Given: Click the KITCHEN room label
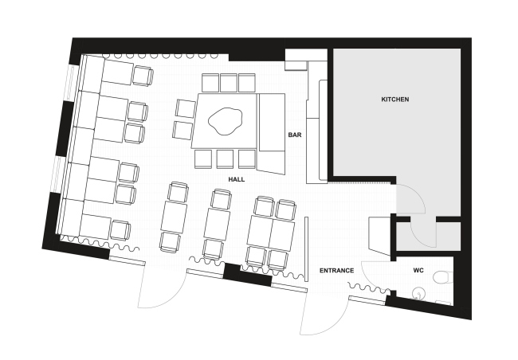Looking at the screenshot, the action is tap(395, 99).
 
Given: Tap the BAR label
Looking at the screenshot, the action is tap(295, 135).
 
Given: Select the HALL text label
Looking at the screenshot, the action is tap(237, 179).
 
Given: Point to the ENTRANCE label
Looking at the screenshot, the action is tap(336, 271).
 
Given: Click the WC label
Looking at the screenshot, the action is tap(418, 271).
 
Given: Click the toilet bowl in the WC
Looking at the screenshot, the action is tap(443, 277).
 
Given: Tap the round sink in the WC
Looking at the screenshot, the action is tap(418, 292).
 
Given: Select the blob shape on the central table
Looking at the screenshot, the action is tap(226, 120).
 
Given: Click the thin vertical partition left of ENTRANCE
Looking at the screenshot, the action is tap(306, 249).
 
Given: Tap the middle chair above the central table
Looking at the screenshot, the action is tap(229, 83).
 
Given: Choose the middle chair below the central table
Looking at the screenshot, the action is tap(225, 159).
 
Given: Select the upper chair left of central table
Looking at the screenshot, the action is tap(186, 108).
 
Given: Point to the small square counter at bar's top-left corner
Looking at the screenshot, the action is tap(296, 65).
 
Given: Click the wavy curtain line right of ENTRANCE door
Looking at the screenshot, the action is tap(369, 288).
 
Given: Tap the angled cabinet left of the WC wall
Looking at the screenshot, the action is tap(379, 236).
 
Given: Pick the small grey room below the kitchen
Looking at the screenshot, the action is tap(428, 236).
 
